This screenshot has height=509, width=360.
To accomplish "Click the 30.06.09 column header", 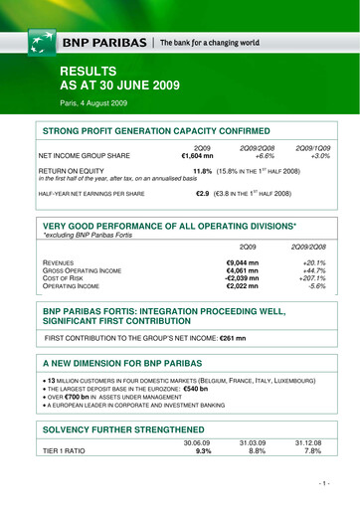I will (x=196, y=471).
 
